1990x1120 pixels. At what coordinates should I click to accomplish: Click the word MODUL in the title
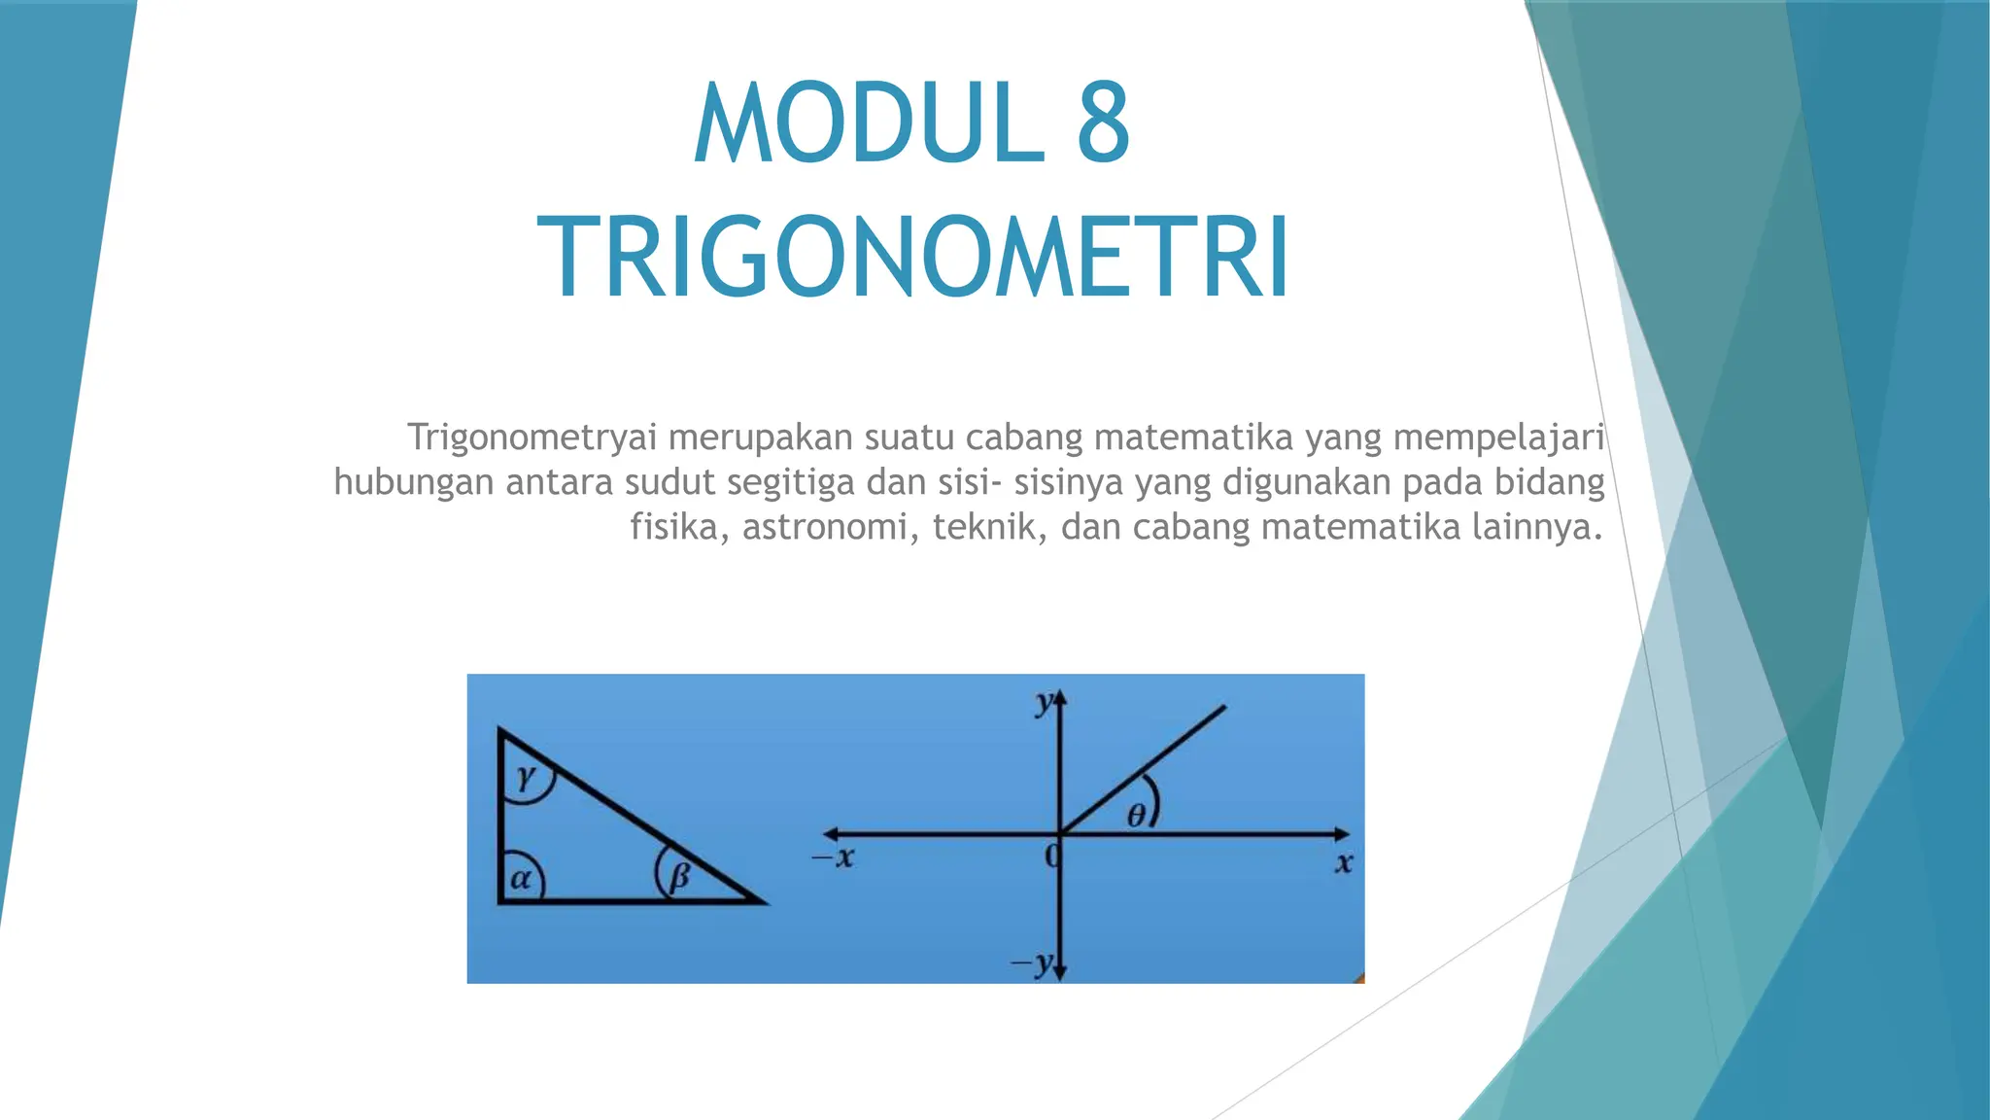point(869,123)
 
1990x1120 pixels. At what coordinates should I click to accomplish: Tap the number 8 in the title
point(1104,123)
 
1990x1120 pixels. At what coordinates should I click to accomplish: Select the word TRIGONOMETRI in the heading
point(913,258)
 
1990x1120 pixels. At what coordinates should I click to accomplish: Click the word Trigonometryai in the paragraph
point(532,438)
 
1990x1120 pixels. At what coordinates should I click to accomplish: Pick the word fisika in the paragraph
point(673,528)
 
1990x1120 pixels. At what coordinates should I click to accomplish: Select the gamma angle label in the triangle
point(526,776)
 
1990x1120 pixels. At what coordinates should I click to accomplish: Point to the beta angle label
point(678,877)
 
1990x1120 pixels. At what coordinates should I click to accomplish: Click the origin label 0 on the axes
point(1050,857)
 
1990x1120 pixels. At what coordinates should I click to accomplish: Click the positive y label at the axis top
point(1044,702)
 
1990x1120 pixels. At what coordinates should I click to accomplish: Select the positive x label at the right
point(1344,862)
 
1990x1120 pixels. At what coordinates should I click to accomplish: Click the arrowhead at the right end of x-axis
point(1341,834)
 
